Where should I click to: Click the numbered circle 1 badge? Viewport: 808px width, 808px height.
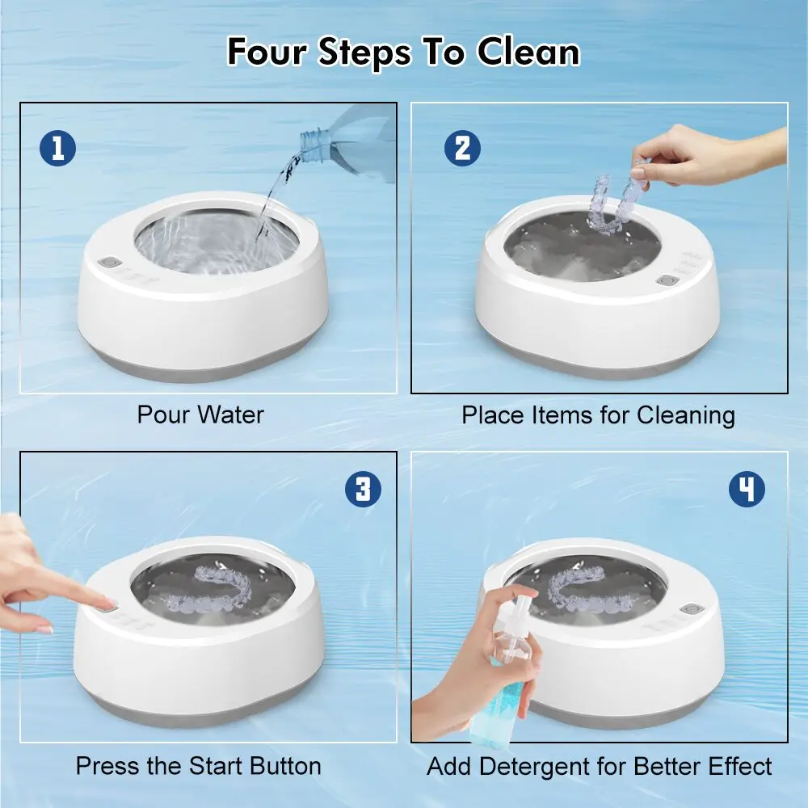57,148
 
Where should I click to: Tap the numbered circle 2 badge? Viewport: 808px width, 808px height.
462,148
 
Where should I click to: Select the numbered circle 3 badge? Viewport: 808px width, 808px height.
364,489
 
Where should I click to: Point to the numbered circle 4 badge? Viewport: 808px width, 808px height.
747,489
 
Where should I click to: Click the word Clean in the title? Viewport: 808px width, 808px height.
528,52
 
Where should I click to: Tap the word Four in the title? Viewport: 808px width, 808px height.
267,52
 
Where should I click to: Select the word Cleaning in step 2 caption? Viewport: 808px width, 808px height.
686,415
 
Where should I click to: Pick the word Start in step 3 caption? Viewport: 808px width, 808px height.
216,766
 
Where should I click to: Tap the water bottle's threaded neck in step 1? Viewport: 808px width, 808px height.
313,145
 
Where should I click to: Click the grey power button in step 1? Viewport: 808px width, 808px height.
109,263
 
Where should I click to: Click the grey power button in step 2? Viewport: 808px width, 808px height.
667,280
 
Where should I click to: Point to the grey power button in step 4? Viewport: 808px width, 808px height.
691,609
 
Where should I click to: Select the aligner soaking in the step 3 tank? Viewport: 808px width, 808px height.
208,591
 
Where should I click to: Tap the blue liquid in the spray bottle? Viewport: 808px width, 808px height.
494,706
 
